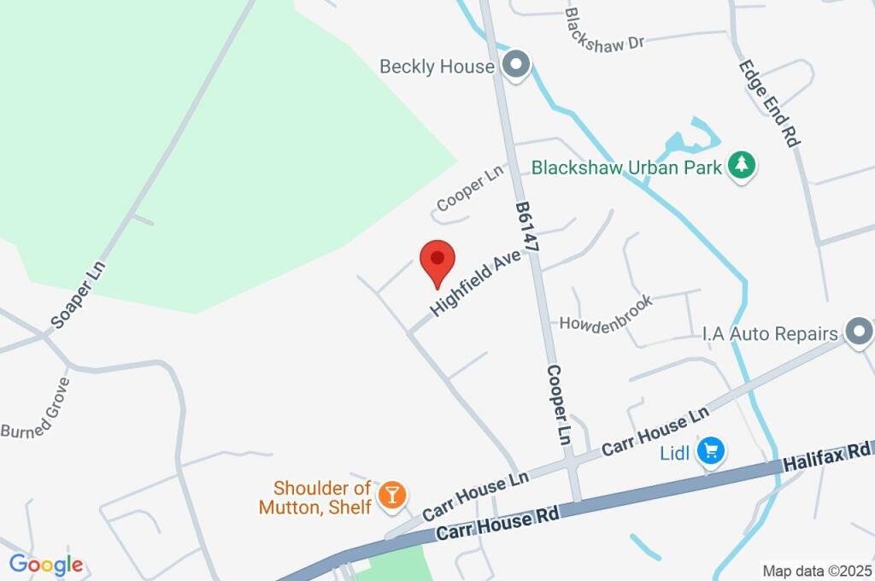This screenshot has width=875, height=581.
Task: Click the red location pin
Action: [x=437, y=259]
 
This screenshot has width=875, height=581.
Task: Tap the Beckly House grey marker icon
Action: [x=515, y=65]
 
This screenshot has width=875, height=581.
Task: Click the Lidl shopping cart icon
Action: [x=710, y=451]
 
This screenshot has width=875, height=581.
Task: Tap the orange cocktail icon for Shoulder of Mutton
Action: [x=392, y=496]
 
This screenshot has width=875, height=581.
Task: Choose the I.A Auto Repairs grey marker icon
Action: [x=858, y=332]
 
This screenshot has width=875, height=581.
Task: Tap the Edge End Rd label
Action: [x=769, y=102]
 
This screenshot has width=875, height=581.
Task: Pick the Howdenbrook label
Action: [x=606, y=313]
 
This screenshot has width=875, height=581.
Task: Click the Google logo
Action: [x=46, y=564]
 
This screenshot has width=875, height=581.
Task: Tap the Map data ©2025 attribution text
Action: [x=816, y=571]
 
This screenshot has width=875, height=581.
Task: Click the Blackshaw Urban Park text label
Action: [x=626, y=167]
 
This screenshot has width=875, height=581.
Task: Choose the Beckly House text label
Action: [x=437, y=66]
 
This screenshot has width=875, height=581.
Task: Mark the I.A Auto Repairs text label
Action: [x=770, y=333]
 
